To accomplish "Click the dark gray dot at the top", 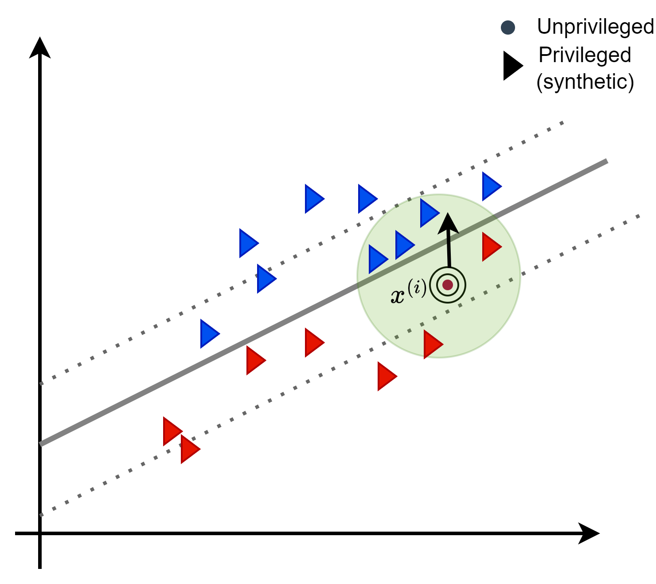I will [x=508, y=28].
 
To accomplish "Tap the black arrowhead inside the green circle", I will [x=448, y=223].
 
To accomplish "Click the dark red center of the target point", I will [x=448, y=285].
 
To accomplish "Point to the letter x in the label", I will [x=398, y=296].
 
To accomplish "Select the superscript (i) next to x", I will [x=417, y=288].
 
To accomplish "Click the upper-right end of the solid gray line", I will [x=606, y=161].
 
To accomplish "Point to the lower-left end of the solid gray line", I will [x=41, y=444].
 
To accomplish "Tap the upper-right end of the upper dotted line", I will [x=562, y=122].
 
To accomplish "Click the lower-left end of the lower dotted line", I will [x=41, y=515].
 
